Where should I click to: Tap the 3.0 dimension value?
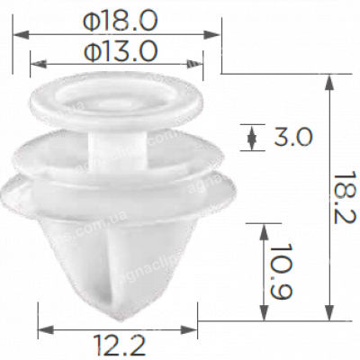292,138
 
